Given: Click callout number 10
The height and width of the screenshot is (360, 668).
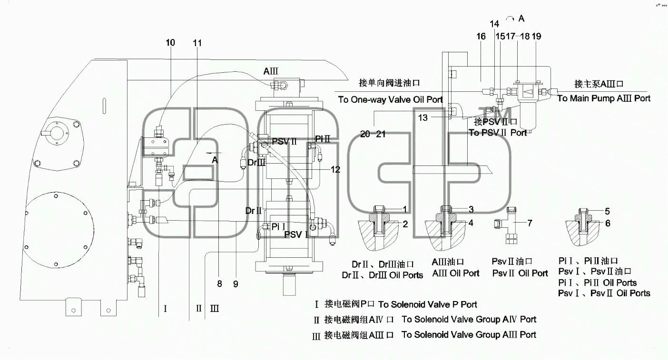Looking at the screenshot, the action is pyautogui.click(x=170, y=43).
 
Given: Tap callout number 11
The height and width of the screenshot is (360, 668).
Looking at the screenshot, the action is pyautogui.click(x=197, y=43).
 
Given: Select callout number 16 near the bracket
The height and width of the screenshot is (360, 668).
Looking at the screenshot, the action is pyautogui.click(x=481, y=36).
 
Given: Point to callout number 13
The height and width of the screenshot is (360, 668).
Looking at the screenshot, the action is pyautogui.click(x=422, y=118).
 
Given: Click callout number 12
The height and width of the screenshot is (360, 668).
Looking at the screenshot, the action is pyautogui.click(x=335, y=170).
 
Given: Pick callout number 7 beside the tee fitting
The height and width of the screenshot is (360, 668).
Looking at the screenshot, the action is pyautogui.click(x=530, y=223).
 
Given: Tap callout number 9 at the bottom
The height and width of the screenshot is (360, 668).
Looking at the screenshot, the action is pyautogui.click(x=236, y=284).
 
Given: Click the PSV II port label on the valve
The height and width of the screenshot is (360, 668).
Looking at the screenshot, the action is pyautogui.click(x=285, y=141).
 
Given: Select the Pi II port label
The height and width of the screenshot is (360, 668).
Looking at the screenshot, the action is pyautogui.click(x=323, y=139).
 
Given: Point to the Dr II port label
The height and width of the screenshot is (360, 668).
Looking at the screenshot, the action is pyautogui.click(x=254, y=211).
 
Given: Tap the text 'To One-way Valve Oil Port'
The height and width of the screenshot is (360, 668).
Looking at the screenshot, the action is pyautogui.click(x=390, y=99).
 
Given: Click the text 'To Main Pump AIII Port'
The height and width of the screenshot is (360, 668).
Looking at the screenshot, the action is pyautogui.click(x=604, y=98).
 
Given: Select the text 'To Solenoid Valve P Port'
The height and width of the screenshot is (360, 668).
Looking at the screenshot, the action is pyautogui.click(x=428, y=304).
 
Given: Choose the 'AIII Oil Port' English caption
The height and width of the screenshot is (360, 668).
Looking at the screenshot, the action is pyautogui.click(x=456, y=273).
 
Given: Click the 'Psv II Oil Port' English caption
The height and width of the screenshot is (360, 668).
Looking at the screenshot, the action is pyautogui.click(x=520, y=273).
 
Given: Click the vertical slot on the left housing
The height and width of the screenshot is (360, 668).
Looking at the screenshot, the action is pyautogui.click(x=104, y=106).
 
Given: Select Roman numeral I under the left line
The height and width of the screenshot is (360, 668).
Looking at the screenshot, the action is pyautogui.click(x=165, y=309).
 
